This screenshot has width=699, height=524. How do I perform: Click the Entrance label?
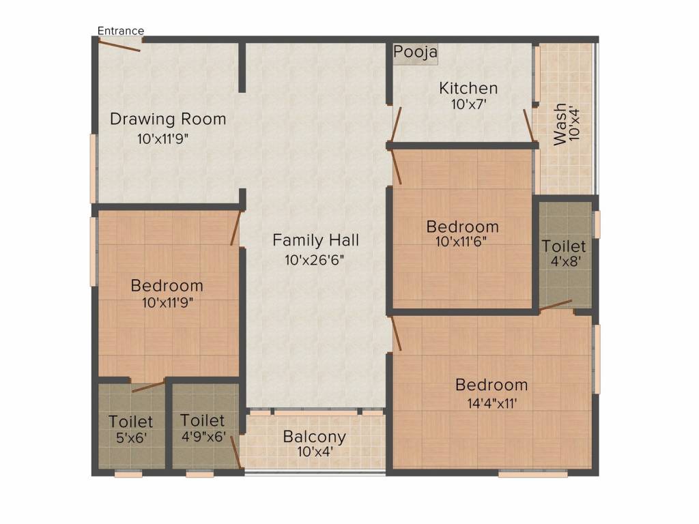pyautogui.click(x=121, y=31)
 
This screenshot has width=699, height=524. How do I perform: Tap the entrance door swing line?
pyautogui.click(x=119, y=45)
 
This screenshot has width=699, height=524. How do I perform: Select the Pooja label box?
pyautogui.click(x=415, y=52)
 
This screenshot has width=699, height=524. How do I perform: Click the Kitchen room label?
pyautogui.click(x=468, y=88)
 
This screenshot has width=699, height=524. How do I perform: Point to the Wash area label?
pyautogui.click(x=560, y=124)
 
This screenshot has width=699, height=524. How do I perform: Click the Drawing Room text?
pyautogui.click(x=168, y=119)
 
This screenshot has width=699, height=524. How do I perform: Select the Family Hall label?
pyautogui.click(x=315, y=240)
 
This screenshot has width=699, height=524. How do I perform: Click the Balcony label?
pyautogui.click(x=314, y=437)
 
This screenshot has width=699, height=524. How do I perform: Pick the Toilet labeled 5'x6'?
pyautogui.click(x=131, y=422)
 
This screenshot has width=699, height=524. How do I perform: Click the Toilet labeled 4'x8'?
pyautogui.click(x=564, y=246)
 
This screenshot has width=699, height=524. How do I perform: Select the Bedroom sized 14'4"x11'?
pyautogui.click(x=491, y=385)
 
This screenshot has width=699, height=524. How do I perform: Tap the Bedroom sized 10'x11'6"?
pyautogui.click(x=462, y=227)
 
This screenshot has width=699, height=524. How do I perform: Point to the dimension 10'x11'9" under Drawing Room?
pyautogui.click(x=162, y=139)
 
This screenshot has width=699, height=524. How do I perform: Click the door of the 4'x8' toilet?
pyautogui.click(x=556, y=304)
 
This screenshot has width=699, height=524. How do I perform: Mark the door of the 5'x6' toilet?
pyautogui.click(x=147, y=387)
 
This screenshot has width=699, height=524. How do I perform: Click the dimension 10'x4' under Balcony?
pyautogui.click(x=314, y=451)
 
